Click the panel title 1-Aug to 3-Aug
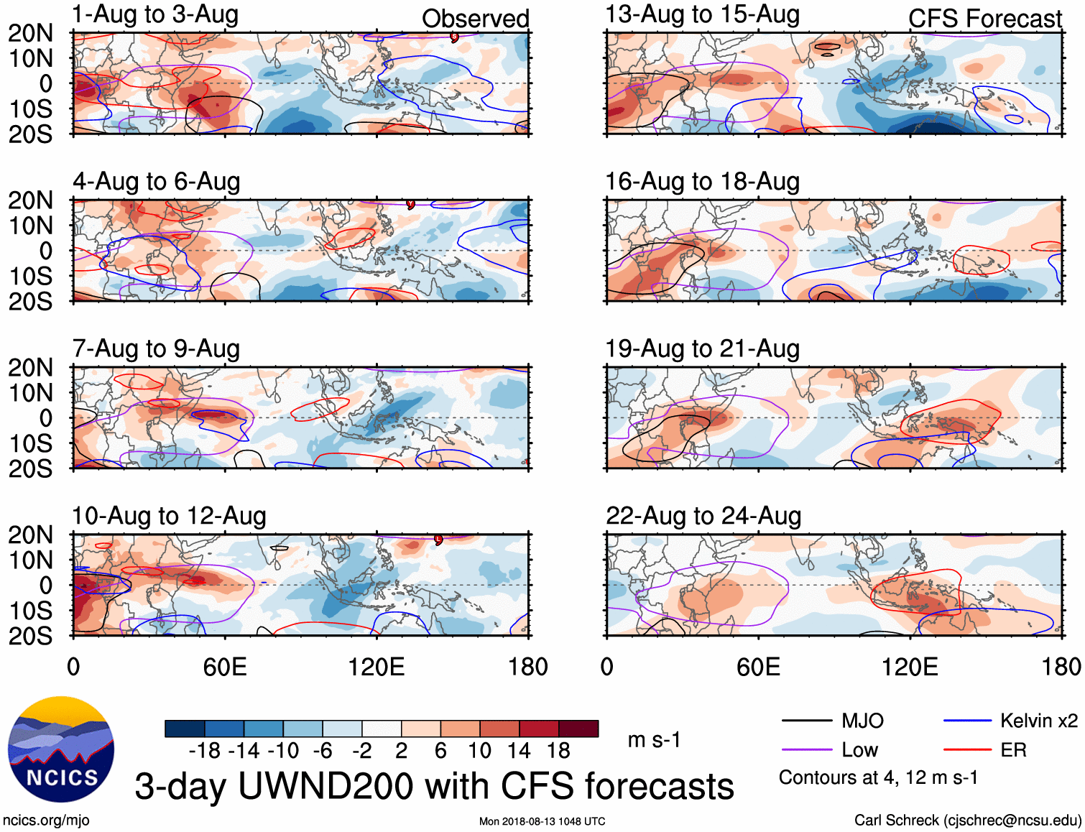155,14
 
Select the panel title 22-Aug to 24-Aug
703,516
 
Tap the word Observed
475,19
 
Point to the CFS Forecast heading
984,19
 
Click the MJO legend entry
862,721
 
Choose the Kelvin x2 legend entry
1038,721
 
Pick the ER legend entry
1013,750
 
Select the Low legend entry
859,750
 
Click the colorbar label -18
205,751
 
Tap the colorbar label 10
479,751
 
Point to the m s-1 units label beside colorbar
654,739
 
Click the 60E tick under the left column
225,667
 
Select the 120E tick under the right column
910,667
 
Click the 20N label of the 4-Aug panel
30,200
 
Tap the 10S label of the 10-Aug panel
30,611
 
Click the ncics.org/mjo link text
46,821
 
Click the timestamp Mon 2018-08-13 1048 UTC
542,821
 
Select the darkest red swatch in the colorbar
578,729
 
